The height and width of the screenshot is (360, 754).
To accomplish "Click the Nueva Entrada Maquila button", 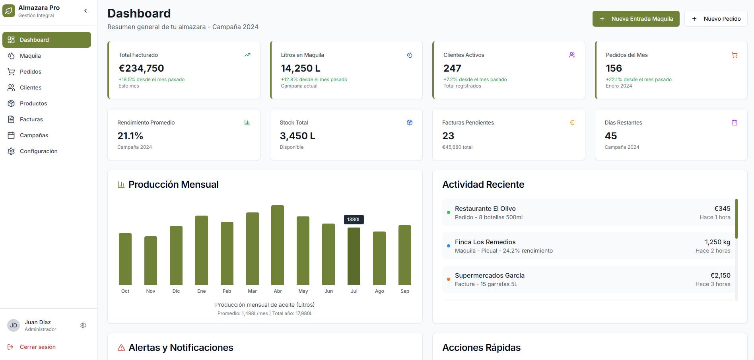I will coord(635,19).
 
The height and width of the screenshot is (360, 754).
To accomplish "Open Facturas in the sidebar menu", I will coord(31,119).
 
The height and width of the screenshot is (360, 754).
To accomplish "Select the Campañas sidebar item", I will coord(34,135).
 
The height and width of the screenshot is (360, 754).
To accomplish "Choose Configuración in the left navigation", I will coord(39,151).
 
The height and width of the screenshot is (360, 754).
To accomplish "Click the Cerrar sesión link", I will coord(37,347).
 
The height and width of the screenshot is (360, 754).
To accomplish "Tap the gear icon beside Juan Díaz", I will coord(83,325).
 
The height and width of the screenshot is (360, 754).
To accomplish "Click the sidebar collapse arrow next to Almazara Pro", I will coord(86,11).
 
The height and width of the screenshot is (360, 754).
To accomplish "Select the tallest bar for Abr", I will coord(278,245).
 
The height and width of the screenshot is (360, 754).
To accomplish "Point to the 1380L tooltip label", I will coord(354,220).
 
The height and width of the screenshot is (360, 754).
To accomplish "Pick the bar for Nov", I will coord(151,261).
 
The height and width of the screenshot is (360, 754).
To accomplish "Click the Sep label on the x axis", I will coord(405,291).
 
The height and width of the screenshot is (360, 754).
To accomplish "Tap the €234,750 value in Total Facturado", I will coord(141,68).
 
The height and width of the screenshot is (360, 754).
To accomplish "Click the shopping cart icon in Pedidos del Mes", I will coord(734,55).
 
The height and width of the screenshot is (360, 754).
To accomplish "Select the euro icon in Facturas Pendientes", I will coord(572,123).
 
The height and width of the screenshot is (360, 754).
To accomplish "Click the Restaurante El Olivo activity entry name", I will coord(485,208).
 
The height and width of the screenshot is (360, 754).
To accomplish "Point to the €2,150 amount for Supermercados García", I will coord(720,275).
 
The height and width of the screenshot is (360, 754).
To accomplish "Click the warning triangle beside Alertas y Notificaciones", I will coord(121,348).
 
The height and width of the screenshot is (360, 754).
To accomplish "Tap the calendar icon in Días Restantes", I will coord(734,123).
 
